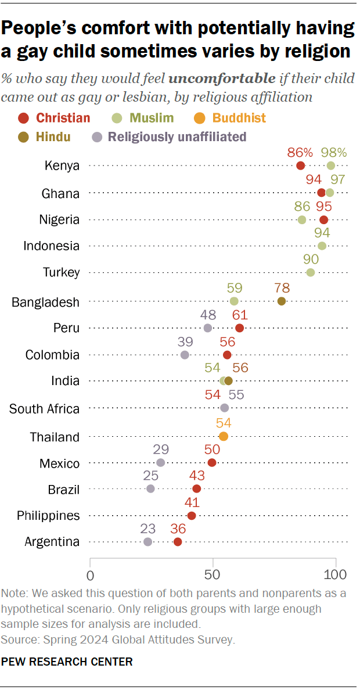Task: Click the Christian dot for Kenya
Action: (x=300, y=166)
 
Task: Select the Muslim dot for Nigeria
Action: (x=302, y=220)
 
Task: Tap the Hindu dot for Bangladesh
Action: (x=282, y=301)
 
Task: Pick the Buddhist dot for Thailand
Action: (x=224, y=436)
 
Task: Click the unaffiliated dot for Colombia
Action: (x=185, y=355)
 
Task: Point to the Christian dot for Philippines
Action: (x=192, y=515)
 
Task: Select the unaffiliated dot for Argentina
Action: (x=147, y=541)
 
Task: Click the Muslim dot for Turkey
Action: (x=311, y=272)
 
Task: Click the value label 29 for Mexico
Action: (x=161, y=450)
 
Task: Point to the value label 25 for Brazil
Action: (x=151, y=476)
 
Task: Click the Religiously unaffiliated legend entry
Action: (x=170, y=137)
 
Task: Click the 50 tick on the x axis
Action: (x=213, y=575)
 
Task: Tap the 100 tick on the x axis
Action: (x=335, y=575)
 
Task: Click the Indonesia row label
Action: (x=51, y=246)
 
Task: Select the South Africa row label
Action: (x=44, y=409)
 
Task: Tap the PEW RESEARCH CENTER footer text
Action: (x=67, y=662)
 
